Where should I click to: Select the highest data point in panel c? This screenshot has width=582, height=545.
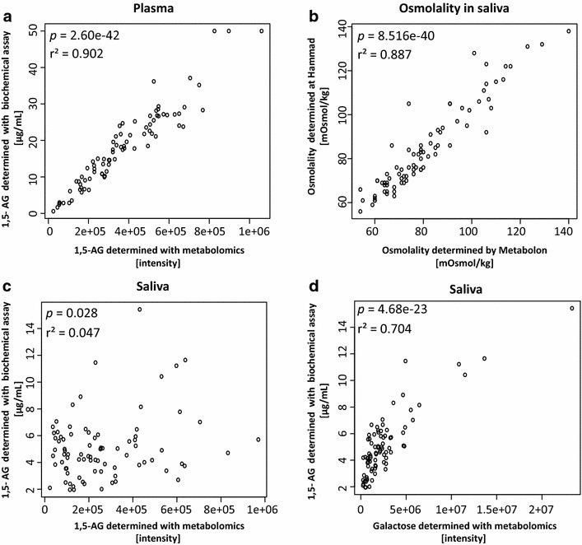(x=140, y=310)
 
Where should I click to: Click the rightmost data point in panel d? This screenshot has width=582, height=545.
(x=571, y=308)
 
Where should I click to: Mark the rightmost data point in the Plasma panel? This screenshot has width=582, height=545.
(x=262, y=31)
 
